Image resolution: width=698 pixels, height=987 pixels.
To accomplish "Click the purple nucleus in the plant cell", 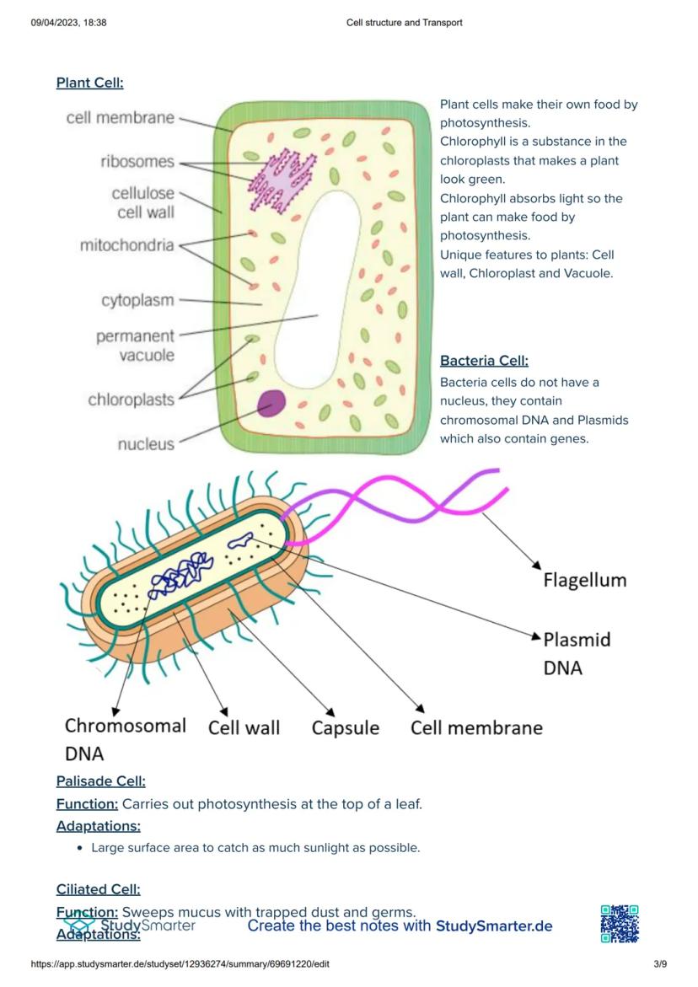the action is pyautogui.click(x=272, y=403).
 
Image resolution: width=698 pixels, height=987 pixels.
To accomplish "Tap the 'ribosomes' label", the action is pyautogui.click(x=137, y=162).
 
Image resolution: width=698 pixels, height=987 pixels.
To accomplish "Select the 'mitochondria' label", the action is pyautogui.click(x=126, y=245).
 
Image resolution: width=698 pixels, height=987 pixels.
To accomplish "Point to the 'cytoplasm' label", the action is pyautogui.click(x=137, y=300).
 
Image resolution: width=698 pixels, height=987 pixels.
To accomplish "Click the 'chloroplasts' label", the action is pyautogui.click(x=131, y=400).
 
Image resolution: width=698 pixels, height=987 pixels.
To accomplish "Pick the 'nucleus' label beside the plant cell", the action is pyautogui.click(x=145, y=444).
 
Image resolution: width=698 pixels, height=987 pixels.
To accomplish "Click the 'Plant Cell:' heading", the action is pyautogui.click(x=90, y=83).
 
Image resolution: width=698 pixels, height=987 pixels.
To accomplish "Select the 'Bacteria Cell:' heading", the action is pyautogui.click(x=484, y=361).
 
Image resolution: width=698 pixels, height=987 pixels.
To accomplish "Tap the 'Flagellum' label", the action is pyautogui.click(x=585, y=580).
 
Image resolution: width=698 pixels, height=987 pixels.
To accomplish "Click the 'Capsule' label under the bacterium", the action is pyautogui.click(x=346, y=727).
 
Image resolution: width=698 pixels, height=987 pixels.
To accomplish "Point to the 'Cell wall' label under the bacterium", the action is pyautogui.click(x=244, y=727).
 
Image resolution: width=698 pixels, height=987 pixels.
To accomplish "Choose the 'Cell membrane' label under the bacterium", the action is pyautogui.click(x=476, y=727).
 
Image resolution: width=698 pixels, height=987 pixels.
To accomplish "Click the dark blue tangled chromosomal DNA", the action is pyautogui.click(x=180, y=575).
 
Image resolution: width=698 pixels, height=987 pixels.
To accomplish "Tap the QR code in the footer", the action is pyautogui.click(x=620, y=924).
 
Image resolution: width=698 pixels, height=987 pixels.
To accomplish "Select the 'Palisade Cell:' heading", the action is pyautogui.click(x=100, y=781).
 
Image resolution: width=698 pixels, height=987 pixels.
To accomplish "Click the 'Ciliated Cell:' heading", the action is pyautogui.click(x=98, y=889).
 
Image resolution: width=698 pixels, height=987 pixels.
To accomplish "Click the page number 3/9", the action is pyautogui.click(x=660, y=963).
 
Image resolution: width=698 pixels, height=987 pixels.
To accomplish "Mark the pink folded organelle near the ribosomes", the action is pyautogui.click(x=282, y=180).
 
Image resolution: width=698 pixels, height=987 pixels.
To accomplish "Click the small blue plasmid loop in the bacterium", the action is pyautogui.click(x=241, y=539).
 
